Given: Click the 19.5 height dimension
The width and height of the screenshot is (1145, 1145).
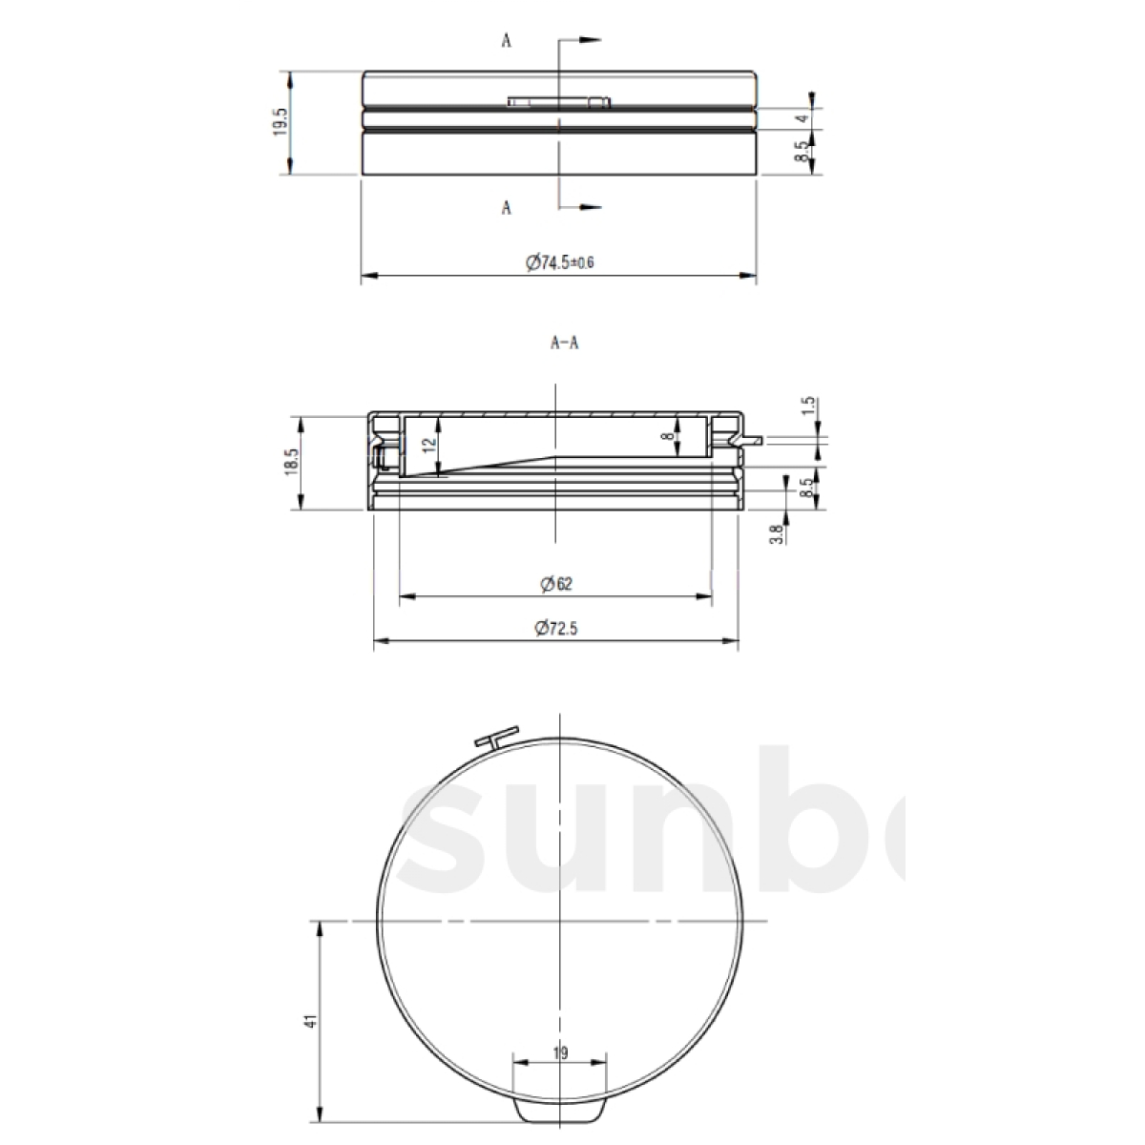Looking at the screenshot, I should tap(281, 122).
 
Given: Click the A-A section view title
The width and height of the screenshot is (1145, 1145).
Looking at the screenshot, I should tap(564, 344).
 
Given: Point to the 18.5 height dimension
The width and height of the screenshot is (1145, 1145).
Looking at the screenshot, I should tap(292, 464).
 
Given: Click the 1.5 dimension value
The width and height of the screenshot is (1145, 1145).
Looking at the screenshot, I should tap(807, 406).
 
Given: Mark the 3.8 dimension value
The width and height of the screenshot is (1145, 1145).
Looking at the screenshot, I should tap(776, 533).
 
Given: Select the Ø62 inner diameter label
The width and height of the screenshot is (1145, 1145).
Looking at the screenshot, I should tap(555, 584).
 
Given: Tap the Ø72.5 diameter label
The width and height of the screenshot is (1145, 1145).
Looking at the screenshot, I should tap(557, 628).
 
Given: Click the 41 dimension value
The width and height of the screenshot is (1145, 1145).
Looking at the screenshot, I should tap(309, 1022).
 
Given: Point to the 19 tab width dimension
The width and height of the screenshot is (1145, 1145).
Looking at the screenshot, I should tap(560, 1053).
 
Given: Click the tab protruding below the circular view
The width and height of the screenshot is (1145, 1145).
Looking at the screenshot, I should tap(560, 1111).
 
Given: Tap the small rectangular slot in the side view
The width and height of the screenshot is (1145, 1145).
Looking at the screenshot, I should tap(559, 101).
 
